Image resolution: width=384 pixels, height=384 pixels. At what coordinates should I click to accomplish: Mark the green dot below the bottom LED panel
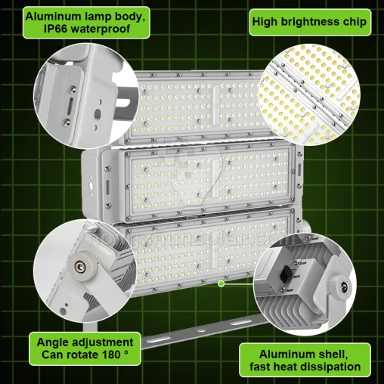[221, 284]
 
